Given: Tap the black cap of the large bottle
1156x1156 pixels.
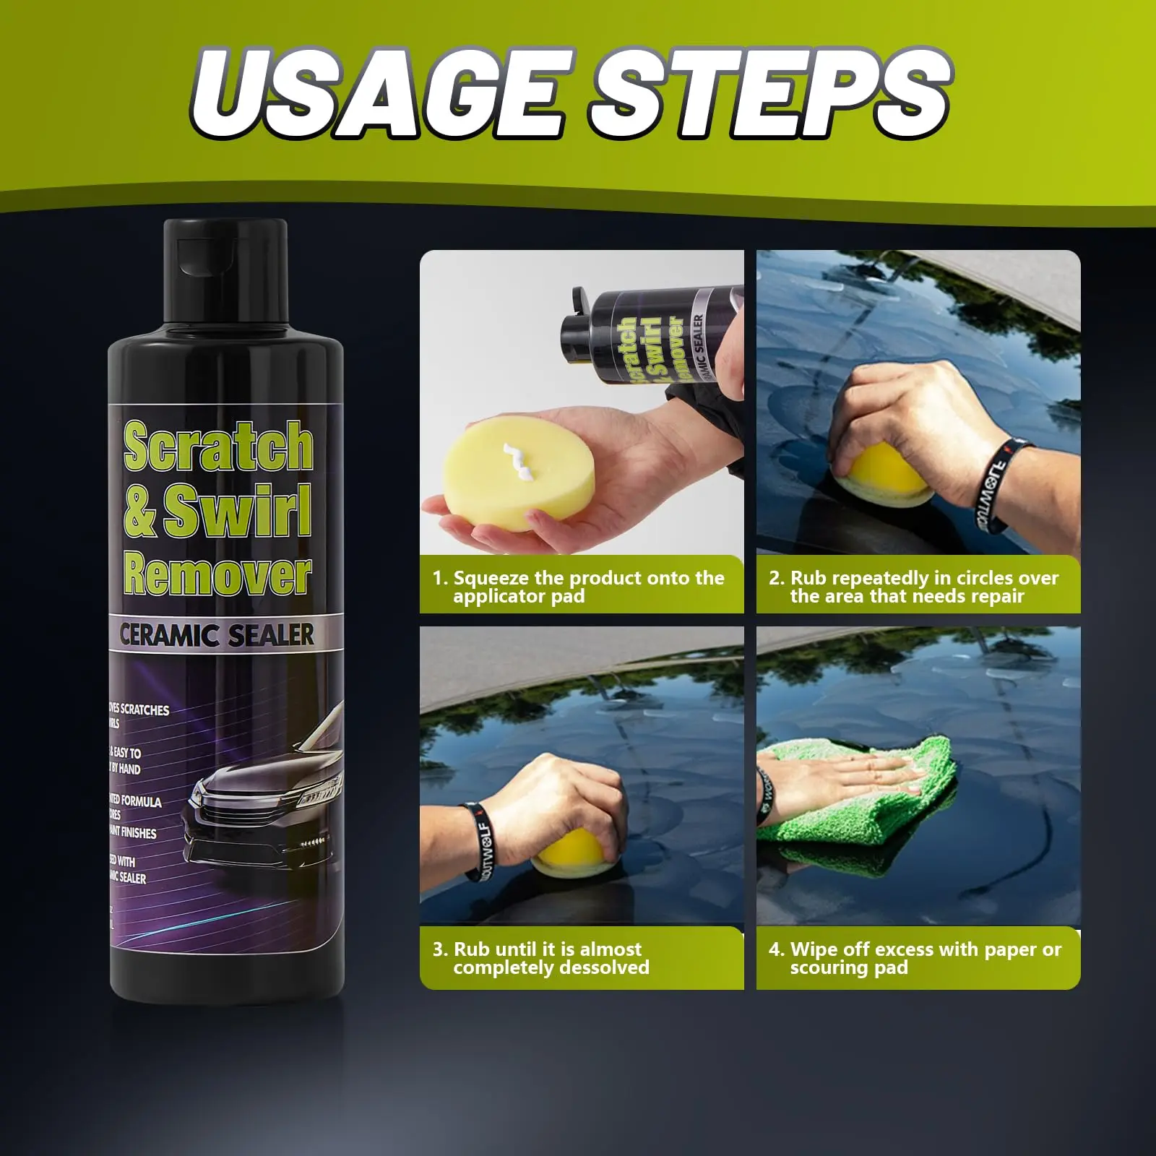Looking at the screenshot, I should coord(225,275).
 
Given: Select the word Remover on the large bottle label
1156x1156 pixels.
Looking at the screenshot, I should coord(217,576).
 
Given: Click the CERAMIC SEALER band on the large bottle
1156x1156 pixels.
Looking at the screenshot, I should coord(217,635).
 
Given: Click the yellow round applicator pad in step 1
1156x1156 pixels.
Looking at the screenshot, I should coord(517,480).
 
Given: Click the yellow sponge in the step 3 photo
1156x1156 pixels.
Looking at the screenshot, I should coord(574,853).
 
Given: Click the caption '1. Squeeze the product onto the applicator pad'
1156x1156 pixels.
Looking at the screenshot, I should coord(578,587).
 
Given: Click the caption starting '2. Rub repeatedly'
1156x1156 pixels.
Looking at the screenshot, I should coord(914,587).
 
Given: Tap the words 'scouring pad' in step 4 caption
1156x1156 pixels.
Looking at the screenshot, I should coord(849,967).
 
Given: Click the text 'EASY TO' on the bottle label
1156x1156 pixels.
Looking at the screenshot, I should coord(126,753).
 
